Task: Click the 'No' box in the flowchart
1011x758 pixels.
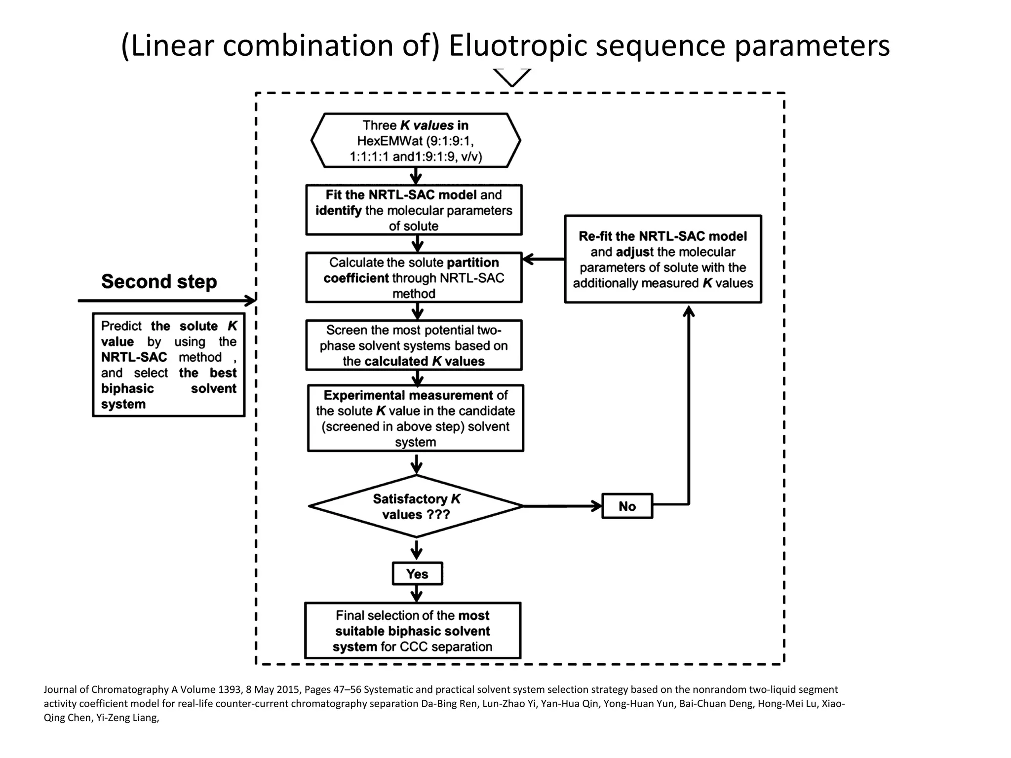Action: (x=627, y=506)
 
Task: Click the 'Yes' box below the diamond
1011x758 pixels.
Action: (x=417, y=573)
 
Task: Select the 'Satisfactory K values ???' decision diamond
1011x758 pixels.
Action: (x=416, y=506)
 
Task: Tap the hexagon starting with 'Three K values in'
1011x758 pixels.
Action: (x=416, y=141)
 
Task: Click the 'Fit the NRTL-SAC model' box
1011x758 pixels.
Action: (x=414, y=210)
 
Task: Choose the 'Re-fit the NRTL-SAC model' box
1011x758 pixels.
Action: (x=662, y=259)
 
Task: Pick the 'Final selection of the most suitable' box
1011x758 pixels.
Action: (x=413, y=631)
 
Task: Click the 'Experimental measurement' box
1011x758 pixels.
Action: (x=415, y=418)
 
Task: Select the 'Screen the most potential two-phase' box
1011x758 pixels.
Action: (x=414, y=345)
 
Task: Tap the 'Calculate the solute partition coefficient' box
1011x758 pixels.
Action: (x=414, y=278)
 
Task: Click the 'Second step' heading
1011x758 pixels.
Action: (x=159, y=282)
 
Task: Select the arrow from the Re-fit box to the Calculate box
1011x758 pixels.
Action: (x=543, y=259)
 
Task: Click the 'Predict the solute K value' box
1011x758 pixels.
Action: (x=168, y=365)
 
